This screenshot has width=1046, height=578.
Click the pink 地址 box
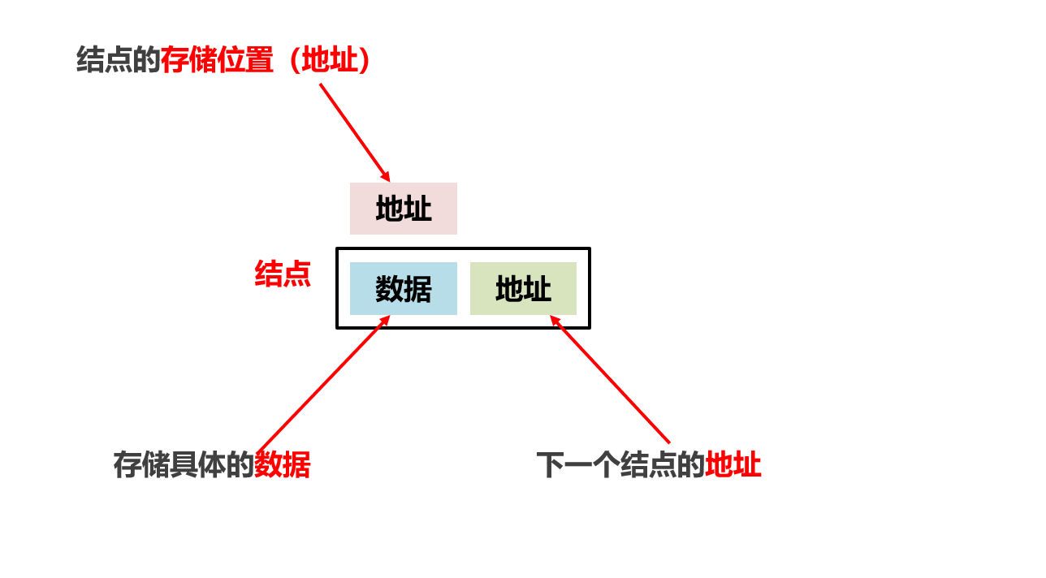404,209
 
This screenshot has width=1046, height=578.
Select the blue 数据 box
404,288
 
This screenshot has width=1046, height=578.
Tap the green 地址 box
523,288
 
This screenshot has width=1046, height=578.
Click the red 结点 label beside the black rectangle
283,274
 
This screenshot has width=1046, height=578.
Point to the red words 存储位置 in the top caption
217,60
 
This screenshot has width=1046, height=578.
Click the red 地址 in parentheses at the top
330,60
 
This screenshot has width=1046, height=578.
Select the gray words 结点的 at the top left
119,60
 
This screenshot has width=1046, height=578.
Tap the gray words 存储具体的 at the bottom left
184,465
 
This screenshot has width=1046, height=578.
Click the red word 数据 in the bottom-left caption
283,465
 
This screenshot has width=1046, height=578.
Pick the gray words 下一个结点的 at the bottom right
620,465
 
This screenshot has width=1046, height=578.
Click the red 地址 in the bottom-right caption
733,465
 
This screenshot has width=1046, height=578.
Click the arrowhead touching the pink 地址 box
386,176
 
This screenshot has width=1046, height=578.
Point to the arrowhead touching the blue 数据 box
385,321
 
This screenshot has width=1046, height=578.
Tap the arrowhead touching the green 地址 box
555,321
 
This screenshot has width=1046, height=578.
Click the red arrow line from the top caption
355,133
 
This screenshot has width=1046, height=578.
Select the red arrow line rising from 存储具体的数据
324,384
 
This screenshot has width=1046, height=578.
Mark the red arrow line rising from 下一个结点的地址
610,379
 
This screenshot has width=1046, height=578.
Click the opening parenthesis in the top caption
294,60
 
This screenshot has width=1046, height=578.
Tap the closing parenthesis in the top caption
364,60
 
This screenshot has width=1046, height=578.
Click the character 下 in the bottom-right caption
551,465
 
